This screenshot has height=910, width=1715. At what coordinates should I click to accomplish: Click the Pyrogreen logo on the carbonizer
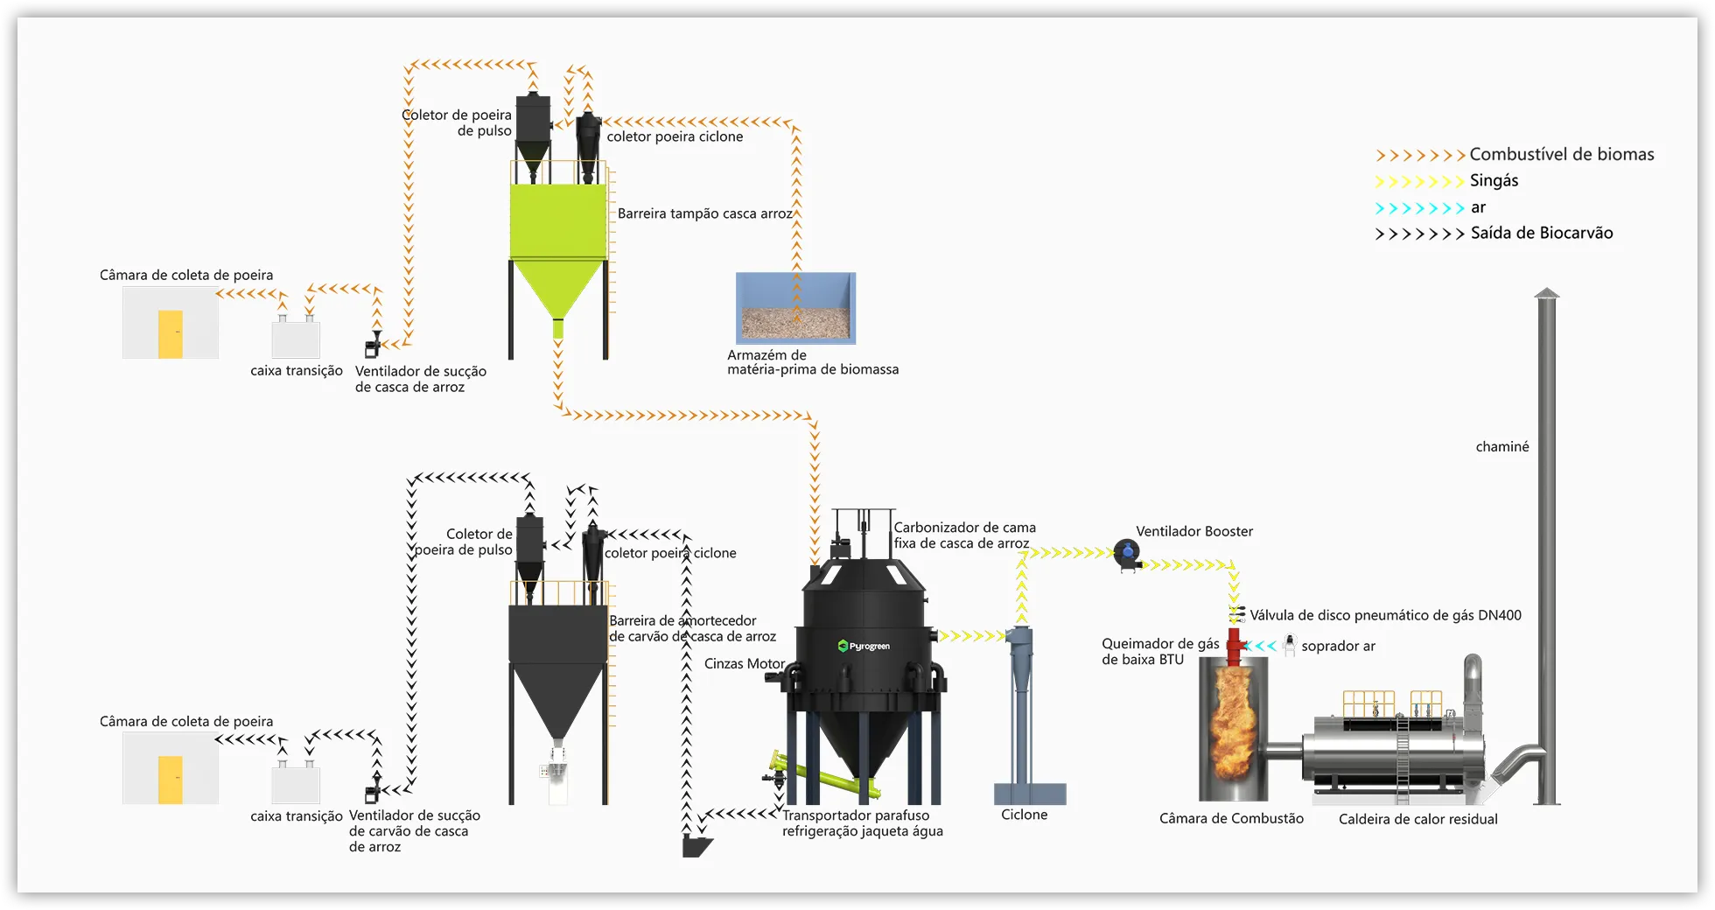[864, 647]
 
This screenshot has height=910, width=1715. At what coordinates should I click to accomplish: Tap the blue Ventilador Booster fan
[1127, 553]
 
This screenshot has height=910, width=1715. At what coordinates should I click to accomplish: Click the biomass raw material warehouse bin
[795, 308]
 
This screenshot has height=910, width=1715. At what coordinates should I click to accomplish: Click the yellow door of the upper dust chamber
[171, 334]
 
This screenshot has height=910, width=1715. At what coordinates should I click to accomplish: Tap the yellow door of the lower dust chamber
[171, 780]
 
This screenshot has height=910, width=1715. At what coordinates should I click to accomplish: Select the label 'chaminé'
[1502, 447]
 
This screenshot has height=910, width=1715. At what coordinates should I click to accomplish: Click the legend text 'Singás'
[1494, 181]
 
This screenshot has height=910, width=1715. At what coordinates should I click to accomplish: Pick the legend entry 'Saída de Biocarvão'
[1541, 234]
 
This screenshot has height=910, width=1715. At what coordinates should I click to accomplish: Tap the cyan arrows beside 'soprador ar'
[1260, 647]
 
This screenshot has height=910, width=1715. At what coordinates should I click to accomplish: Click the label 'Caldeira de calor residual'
[1417, 819]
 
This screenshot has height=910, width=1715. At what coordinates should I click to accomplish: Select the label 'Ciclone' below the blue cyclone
[1024, 815]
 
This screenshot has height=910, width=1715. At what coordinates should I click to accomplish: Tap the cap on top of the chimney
[1547, 294]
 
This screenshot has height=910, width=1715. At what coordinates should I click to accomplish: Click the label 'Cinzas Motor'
[744, 664]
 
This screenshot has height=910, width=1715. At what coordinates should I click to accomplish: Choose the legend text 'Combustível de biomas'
[1561, 155]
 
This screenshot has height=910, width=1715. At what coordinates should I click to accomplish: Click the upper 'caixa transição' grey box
[296, 339]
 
